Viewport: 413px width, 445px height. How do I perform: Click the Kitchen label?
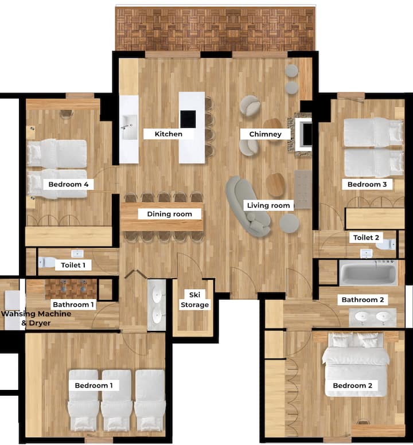tap(168, 134)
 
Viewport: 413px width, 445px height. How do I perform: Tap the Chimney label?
tap(265, 134)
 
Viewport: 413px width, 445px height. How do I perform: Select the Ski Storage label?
tap(194, 300)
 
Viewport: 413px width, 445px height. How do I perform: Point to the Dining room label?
tap(169, 214)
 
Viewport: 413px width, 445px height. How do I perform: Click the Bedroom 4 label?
tap(68, 185)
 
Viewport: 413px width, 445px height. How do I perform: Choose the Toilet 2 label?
tap(366, 237)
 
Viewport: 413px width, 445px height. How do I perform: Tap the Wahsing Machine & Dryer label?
tap(36, 318)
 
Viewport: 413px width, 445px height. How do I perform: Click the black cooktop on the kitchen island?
tap(188, 119)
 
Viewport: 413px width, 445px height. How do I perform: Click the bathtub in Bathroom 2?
tap(368, 273)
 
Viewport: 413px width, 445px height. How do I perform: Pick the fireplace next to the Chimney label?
tap(303, 135)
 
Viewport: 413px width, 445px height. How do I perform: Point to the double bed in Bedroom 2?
tap(356, 364)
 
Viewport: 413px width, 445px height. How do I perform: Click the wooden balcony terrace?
tap(216, 29)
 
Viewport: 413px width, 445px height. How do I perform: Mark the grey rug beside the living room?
tap(303, 189)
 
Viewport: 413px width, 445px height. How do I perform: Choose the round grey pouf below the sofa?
tap(289, 223)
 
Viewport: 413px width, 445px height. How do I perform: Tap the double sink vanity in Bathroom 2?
tap(372, 318)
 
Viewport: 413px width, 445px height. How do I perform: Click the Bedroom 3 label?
tap(367, 185)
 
